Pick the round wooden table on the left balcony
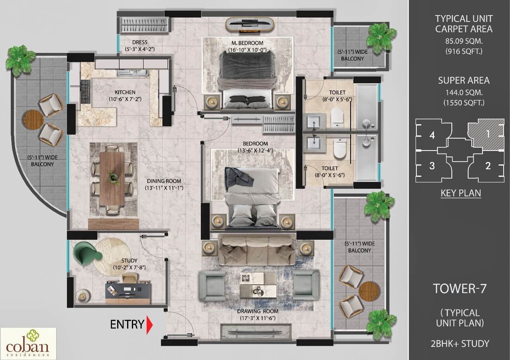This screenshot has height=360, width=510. point(33,118)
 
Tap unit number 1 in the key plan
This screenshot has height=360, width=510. point(488,134)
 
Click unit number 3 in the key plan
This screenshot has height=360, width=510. point(432,166)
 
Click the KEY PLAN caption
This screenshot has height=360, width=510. point(461,193)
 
